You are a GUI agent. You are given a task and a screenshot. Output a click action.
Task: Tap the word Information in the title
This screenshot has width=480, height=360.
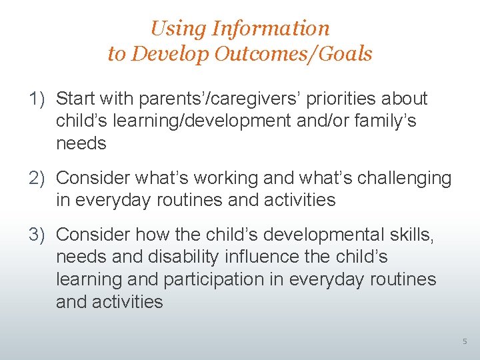[270, 29]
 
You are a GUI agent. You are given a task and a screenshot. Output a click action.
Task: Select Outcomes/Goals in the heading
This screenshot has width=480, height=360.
[293, 54]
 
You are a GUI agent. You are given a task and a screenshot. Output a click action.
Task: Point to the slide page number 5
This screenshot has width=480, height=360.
[465, 342]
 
